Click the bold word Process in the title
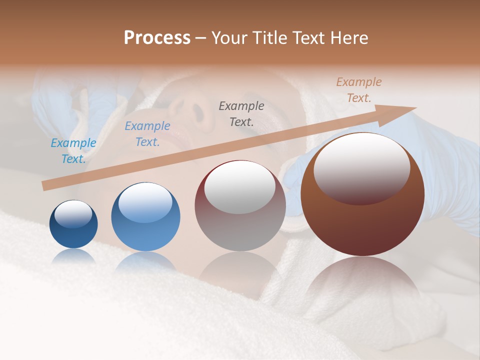pyautogui.click(x=157, y=38)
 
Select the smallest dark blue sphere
pyautogui.click(x=73, y=224)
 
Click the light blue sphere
pyautogui.click(x=145, y=217)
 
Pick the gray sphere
pyautogui.click(x=240, y=206)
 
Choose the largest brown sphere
pyautogui.click(x=362, y=194)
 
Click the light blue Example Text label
pyautogui.click(x=73, y=151)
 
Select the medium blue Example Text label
pyautogui.click(x=147, y=134)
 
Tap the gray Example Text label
pyautogui.click(x=241, y=113)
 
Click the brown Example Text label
pyautogui.click(x=358, y=90)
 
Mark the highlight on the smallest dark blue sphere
pyautogui.click(x=73, y=214)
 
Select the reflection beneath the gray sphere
pyautogui.click(x=240, y=270)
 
